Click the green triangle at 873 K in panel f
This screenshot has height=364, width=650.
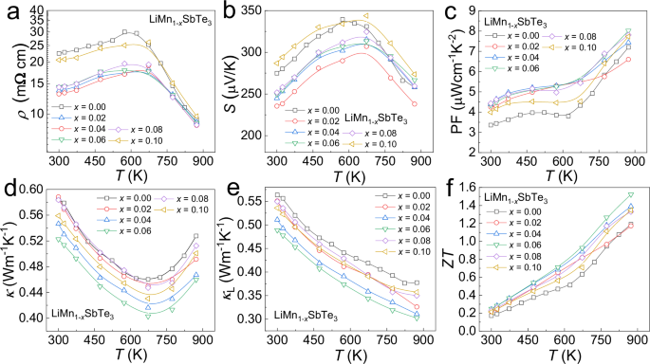629,195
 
